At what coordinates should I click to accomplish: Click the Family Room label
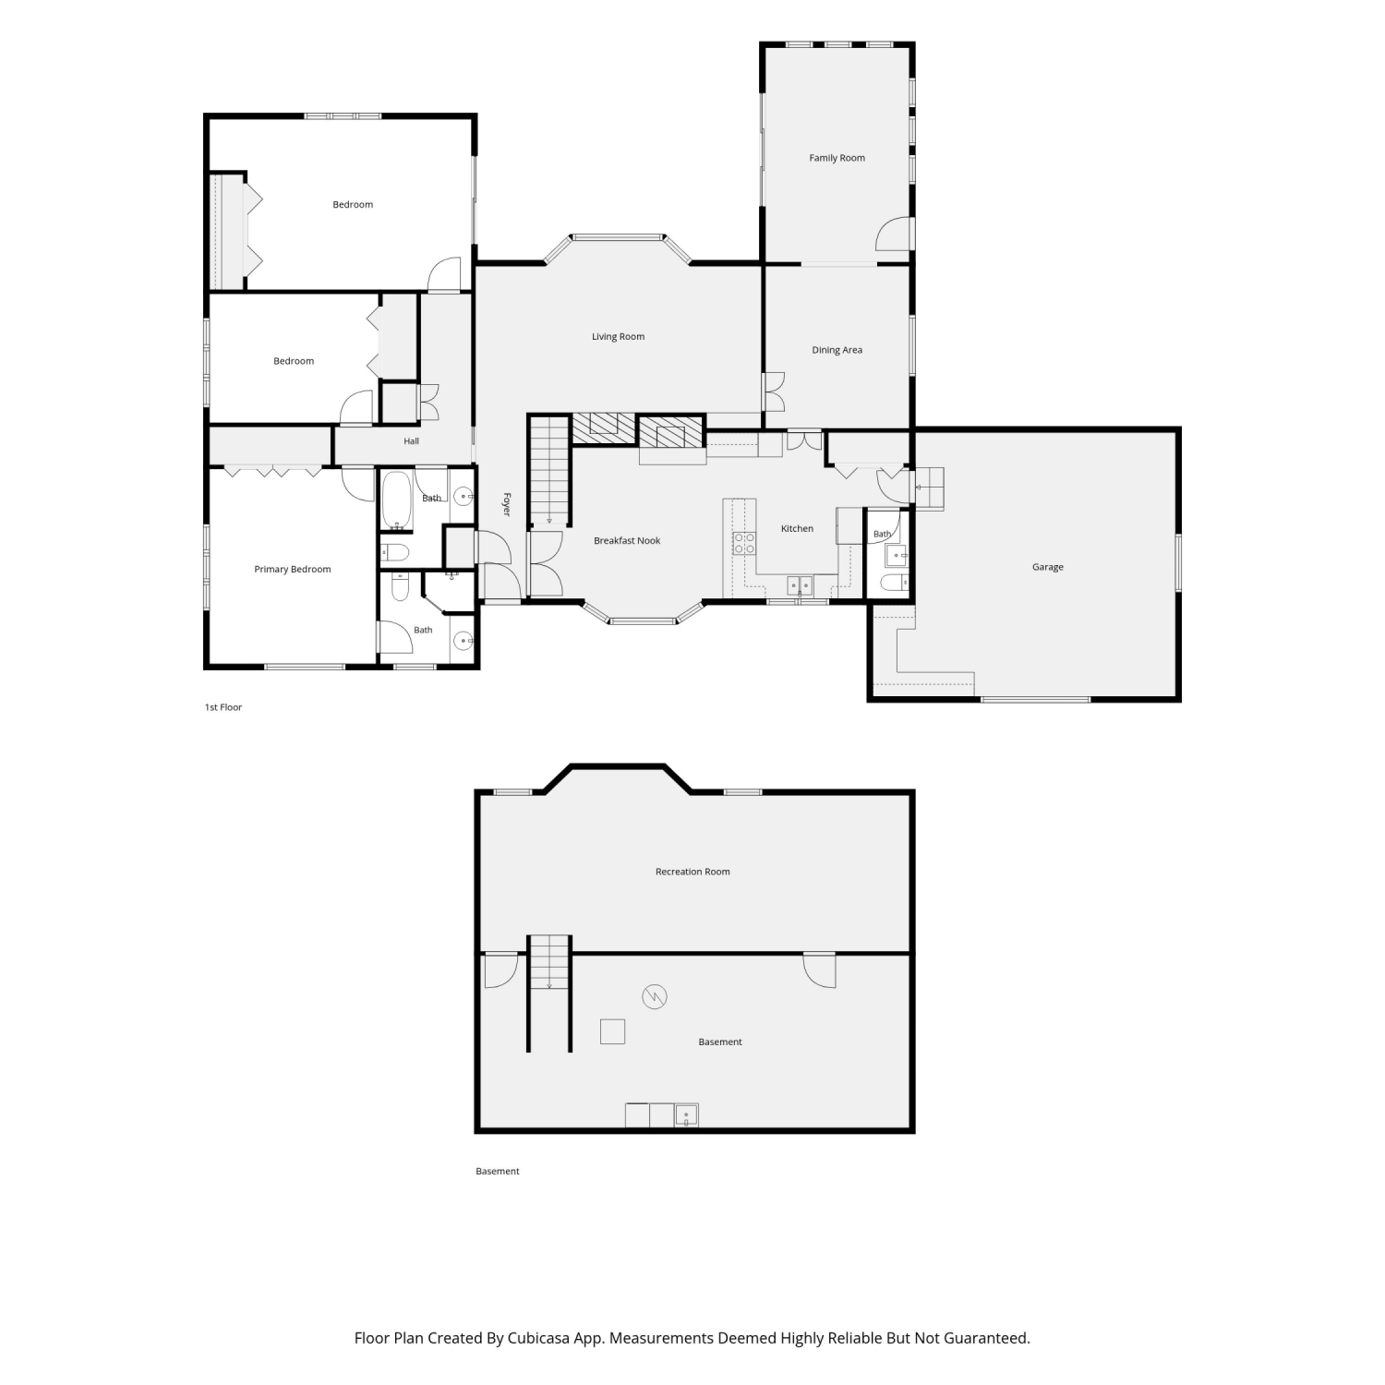pyautogui.click(x=837, y=158)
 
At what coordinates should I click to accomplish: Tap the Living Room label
pyautogui.click(x=618, y=337)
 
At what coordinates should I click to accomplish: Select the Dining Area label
pyautogui.click(x=837, y=350)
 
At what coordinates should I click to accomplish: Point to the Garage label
pyautogui.click(x=1047, y=567)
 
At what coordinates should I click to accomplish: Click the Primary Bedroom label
pyautogui.click(x=292, y=570)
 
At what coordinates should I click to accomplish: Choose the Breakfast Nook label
pyautogui.click(x=627, y=541)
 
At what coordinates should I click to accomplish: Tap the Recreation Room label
pyautogui.click(x=692, y=872)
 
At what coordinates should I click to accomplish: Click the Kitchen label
pyautogui.click(x=797, y=529)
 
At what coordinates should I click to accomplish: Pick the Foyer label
pyautogui.click(x=506, y=504)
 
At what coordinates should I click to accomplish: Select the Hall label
pyautogui.click(x=411, y=441)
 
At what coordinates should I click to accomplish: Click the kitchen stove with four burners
pyautogui.click(x=744, y=543)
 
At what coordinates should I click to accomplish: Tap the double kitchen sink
pyautogui.click(x=800, y=585)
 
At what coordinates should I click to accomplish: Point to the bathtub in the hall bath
pyautogui.click(x=397, y=501)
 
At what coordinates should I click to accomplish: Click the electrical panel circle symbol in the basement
pyautogui.click(x=655, y=996)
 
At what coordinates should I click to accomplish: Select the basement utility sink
pyautogui.click(x=686, y=1115)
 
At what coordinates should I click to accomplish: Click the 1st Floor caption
pyautogui.click(x=223, y=707)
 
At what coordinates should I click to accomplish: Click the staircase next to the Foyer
pyautogui.click(x=549, y=472)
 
